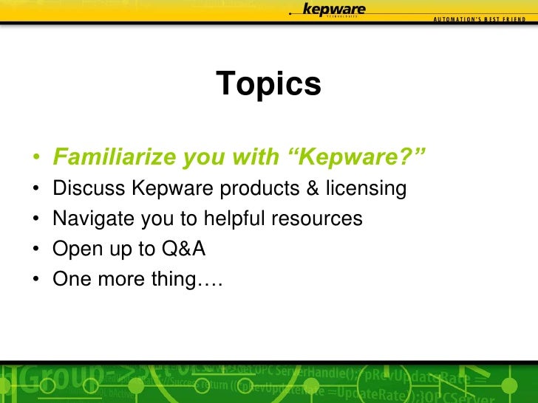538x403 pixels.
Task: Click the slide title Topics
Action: point(269,84)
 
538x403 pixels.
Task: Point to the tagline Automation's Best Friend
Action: point(480,18)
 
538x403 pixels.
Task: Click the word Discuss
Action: point(89,189)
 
